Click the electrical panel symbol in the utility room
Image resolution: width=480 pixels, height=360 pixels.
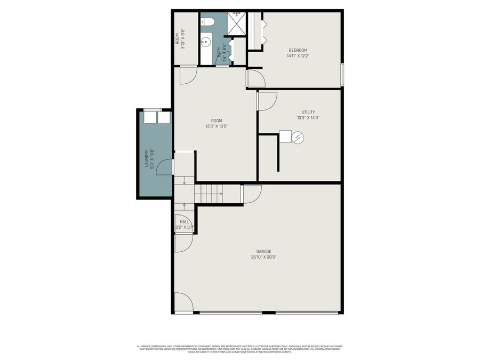[298, 138]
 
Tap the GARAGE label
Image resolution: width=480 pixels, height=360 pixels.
[263, 251]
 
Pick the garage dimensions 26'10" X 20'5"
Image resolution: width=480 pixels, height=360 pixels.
[263, 257]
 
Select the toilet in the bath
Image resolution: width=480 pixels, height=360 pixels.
[207, 21]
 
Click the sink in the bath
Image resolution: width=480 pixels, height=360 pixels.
[205, 42]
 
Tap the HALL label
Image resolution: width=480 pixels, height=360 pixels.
[185, 221]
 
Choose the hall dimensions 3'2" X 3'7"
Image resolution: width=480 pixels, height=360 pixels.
[184, 228]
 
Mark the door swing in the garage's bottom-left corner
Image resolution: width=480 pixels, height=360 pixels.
[182, 302]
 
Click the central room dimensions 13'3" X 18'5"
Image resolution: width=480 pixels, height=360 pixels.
[216, 126]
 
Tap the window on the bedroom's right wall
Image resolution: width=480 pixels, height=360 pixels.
[342, 74]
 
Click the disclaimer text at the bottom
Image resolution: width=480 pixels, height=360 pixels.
[240, 349]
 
